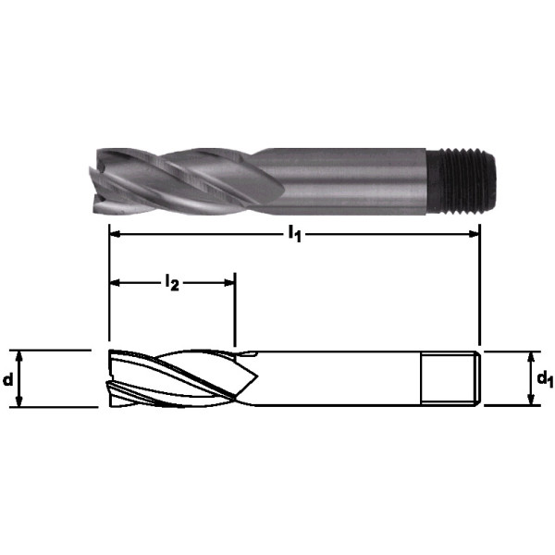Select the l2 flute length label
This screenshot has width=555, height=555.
(172, 283)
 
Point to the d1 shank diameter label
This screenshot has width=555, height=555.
(545, 378)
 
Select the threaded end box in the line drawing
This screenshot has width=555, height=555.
(450, 378)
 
